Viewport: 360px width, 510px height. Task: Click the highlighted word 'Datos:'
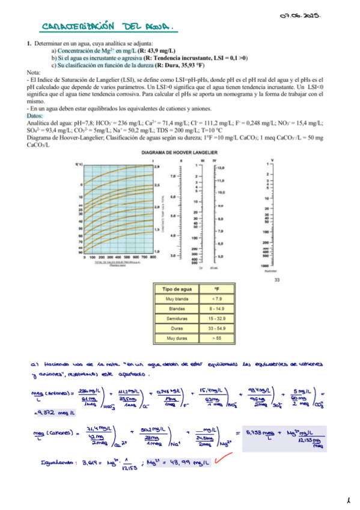(35, 116)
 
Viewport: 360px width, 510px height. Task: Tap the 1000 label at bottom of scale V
(264, 266)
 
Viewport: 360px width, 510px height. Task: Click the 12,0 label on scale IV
(221, 167)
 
